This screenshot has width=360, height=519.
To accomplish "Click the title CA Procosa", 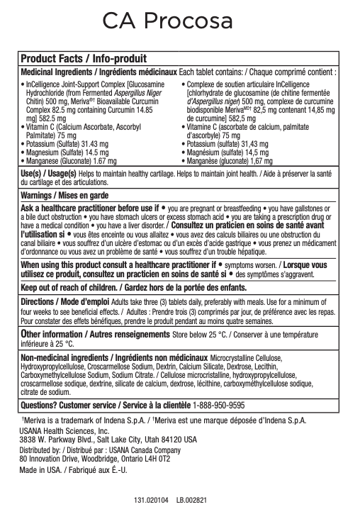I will tap(167, 20).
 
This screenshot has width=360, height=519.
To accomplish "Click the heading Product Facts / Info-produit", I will tap(84, 59).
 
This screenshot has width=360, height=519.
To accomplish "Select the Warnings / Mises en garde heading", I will tap(64, 195).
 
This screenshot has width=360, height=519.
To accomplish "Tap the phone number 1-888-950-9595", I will tap(219, 406).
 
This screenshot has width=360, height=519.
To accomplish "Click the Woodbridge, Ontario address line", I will tap(95, 458).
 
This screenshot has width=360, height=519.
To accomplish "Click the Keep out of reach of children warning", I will tap(133, 289).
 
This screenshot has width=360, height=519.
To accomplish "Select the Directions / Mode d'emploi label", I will tap(64, 301).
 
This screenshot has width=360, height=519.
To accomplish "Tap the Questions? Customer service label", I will tap(105, 406).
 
